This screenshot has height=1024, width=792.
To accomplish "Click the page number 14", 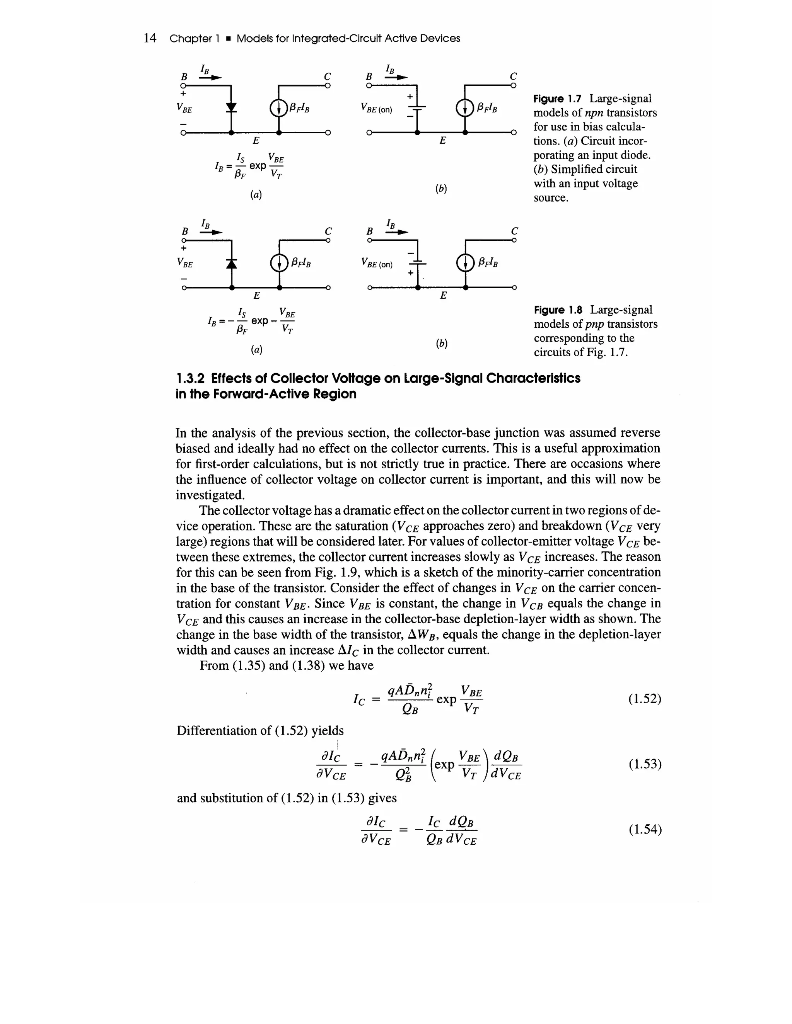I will click(x=150, y=38).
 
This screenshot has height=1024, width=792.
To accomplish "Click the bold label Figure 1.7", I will click(x=557, y=99).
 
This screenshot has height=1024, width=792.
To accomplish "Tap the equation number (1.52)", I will click(x=645, y=699).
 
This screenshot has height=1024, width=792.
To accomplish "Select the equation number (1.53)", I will click(x=645, y=764).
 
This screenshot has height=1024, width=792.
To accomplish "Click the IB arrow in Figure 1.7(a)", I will click(x=211, y=78).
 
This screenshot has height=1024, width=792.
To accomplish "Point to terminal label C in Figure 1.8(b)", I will click(x=514, y=231).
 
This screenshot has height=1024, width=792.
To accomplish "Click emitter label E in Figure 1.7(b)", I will click(x=442, y=141).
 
